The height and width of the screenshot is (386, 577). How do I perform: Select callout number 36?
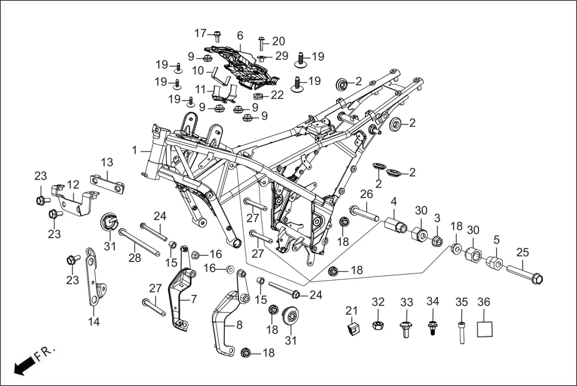click(485, 302)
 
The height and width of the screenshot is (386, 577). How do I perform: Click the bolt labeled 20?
click(262, 42)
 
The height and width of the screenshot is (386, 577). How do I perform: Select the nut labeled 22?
click(259, 96)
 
